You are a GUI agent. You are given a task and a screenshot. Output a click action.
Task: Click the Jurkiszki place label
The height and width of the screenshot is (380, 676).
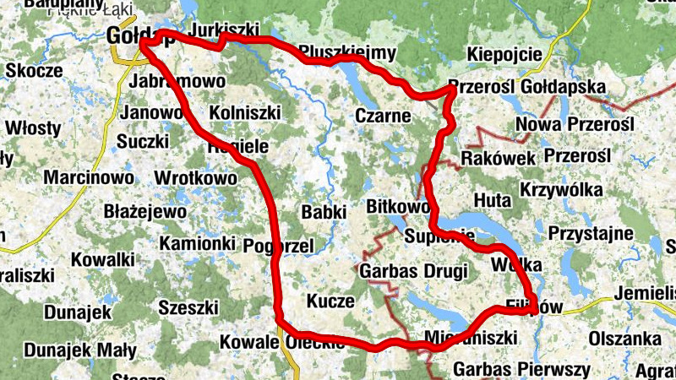pos(225,30)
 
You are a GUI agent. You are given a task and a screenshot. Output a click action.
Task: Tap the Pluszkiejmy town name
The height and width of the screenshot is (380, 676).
pos(347,53)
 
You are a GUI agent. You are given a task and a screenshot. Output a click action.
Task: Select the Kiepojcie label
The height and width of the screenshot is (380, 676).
pos(504,54)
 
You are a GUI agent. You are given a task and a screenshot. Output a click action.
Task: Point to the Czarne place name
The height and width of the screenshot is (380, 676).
pos(383,116)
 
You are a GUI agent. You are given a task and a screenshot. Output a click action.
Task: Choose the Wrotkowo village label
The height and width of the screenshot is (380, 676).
pos(196,178)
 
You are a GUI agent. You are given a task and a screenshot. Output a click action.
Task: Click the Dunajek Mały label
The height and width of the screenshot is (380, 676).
pos(79,350)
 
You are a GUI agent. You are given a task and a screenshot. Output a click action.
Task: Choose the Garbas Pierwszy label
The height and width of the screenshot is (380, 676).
pos(521,369)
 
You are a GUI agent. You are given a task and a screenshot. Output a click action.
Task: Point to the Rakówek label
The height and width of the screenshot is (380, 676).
pos(499,158)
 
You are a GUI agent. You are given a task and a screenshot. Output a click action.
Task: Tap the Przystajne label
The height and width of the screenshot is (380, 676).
pos(591,232)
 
